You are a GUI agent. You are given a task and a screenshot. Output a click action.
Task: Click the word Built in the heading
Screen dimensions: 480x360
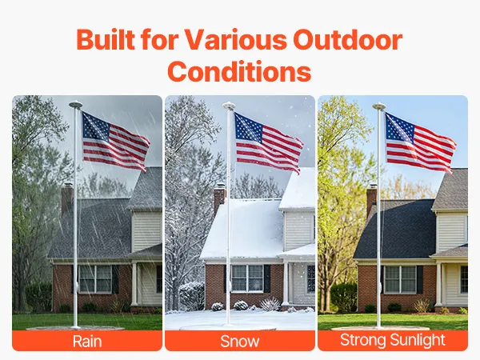[x=106, y=39]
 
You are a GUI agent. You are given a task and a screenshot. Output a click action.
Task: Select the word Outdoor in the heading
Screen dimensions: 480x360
[x=348, y=39]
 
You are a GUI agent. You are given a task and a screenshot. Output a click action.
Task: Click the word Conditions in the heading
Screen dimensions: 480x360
[x=239, y=71]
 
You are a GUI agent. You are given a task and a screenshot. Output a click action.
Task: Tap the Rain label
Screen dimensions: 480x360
[x=87, y=342]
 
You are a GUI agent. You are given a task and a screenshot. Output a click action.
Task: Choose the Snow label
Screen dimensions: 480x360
[x=240, y=342]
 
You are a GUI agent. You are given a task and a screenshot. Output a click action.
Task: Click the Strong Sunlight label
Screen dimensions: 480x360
[x=393, y=340]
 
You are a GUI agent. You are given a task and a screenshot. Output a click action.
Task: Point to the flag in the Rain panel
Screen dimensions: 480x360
[x=115, y=142]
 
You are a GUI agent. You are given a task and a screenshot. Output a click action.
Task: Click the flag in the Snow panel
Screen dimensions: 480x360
[x=269, y=142]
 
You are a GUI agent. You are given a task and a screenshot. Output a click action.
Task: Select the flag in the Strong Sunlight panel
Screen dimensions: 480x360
[x=420, y=142]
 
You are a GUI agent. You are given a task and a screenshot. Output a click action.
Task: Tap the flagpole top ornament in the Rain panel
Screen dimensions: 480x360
[x=76, y=105]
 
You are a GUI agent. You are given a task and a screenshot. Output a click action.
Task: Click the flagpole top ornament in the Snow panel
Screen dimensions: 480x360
[x=229, y=106]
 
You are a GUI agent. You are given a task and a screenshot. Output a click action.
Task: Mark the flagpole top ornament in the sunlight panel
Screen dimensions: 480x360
[x=379, y=106]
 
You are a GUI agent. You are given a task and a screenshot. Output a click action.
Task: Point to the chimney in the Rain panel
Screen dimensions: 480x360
[x=67, y=198]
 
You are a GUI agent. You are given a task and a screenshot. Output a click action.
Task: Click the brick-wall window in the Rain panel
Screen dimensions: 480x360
[x=95, y=279]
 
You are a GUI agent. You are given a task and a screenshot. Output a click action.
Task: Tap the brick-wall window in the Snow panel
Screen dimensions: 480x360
[x=247, y=278]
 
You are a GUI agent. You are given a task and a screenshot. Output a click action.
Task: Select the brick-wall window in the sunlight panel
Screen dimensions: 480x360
[x=400, y=279]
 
